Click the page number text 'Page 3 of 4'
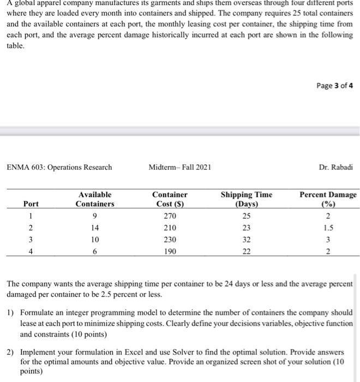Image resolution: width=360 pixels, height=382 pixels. (x=334, y=85)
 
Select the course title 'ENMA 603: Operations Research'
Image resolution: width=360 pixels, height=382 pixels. (x=59, y=167)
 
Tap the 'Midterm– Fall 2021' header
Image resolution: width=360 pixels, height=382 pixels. (x=180, y=167)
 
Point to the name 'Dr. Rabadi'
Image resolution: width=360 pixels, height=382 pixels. (x=338, y=167)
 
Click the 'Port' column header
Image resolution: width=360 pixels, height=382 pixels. (x=31, y=204)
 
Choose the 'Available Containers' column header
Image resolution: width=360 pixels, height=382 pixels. (x=95, y=199)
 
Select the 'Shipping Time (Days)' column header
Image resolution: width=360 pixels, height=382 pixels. (x=247, y=199)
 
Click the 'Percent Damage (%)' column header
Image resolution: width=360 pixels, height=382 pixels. (x=328, y=199)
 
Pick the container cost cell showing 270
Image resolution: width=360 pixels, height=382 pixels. (x=170, y=216)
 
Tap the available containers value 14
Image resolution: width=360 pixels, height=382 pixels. (x=95, y=228)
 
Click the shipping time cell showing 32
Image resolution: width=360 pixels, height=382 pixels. (x=247, y=240)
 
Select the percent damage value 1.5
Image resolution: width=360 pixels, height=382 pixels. (x=328, y=228)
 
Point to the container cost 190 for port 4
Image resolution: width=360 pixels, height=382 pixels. (x=170, y=251)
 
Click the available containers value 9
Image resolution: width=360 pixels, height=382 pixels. (x=95, y=216)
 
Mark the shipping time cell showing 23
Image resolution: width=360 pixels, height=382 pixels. (x=247, y=228)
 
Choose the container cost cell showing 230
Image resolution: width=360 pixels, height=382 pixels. (x=170, y=240)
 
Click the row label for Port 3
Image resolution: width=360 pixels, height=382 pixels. (x=31, y=240)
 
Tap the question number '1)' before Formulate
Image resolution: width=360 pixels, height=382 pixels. (x=10, y=313)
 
